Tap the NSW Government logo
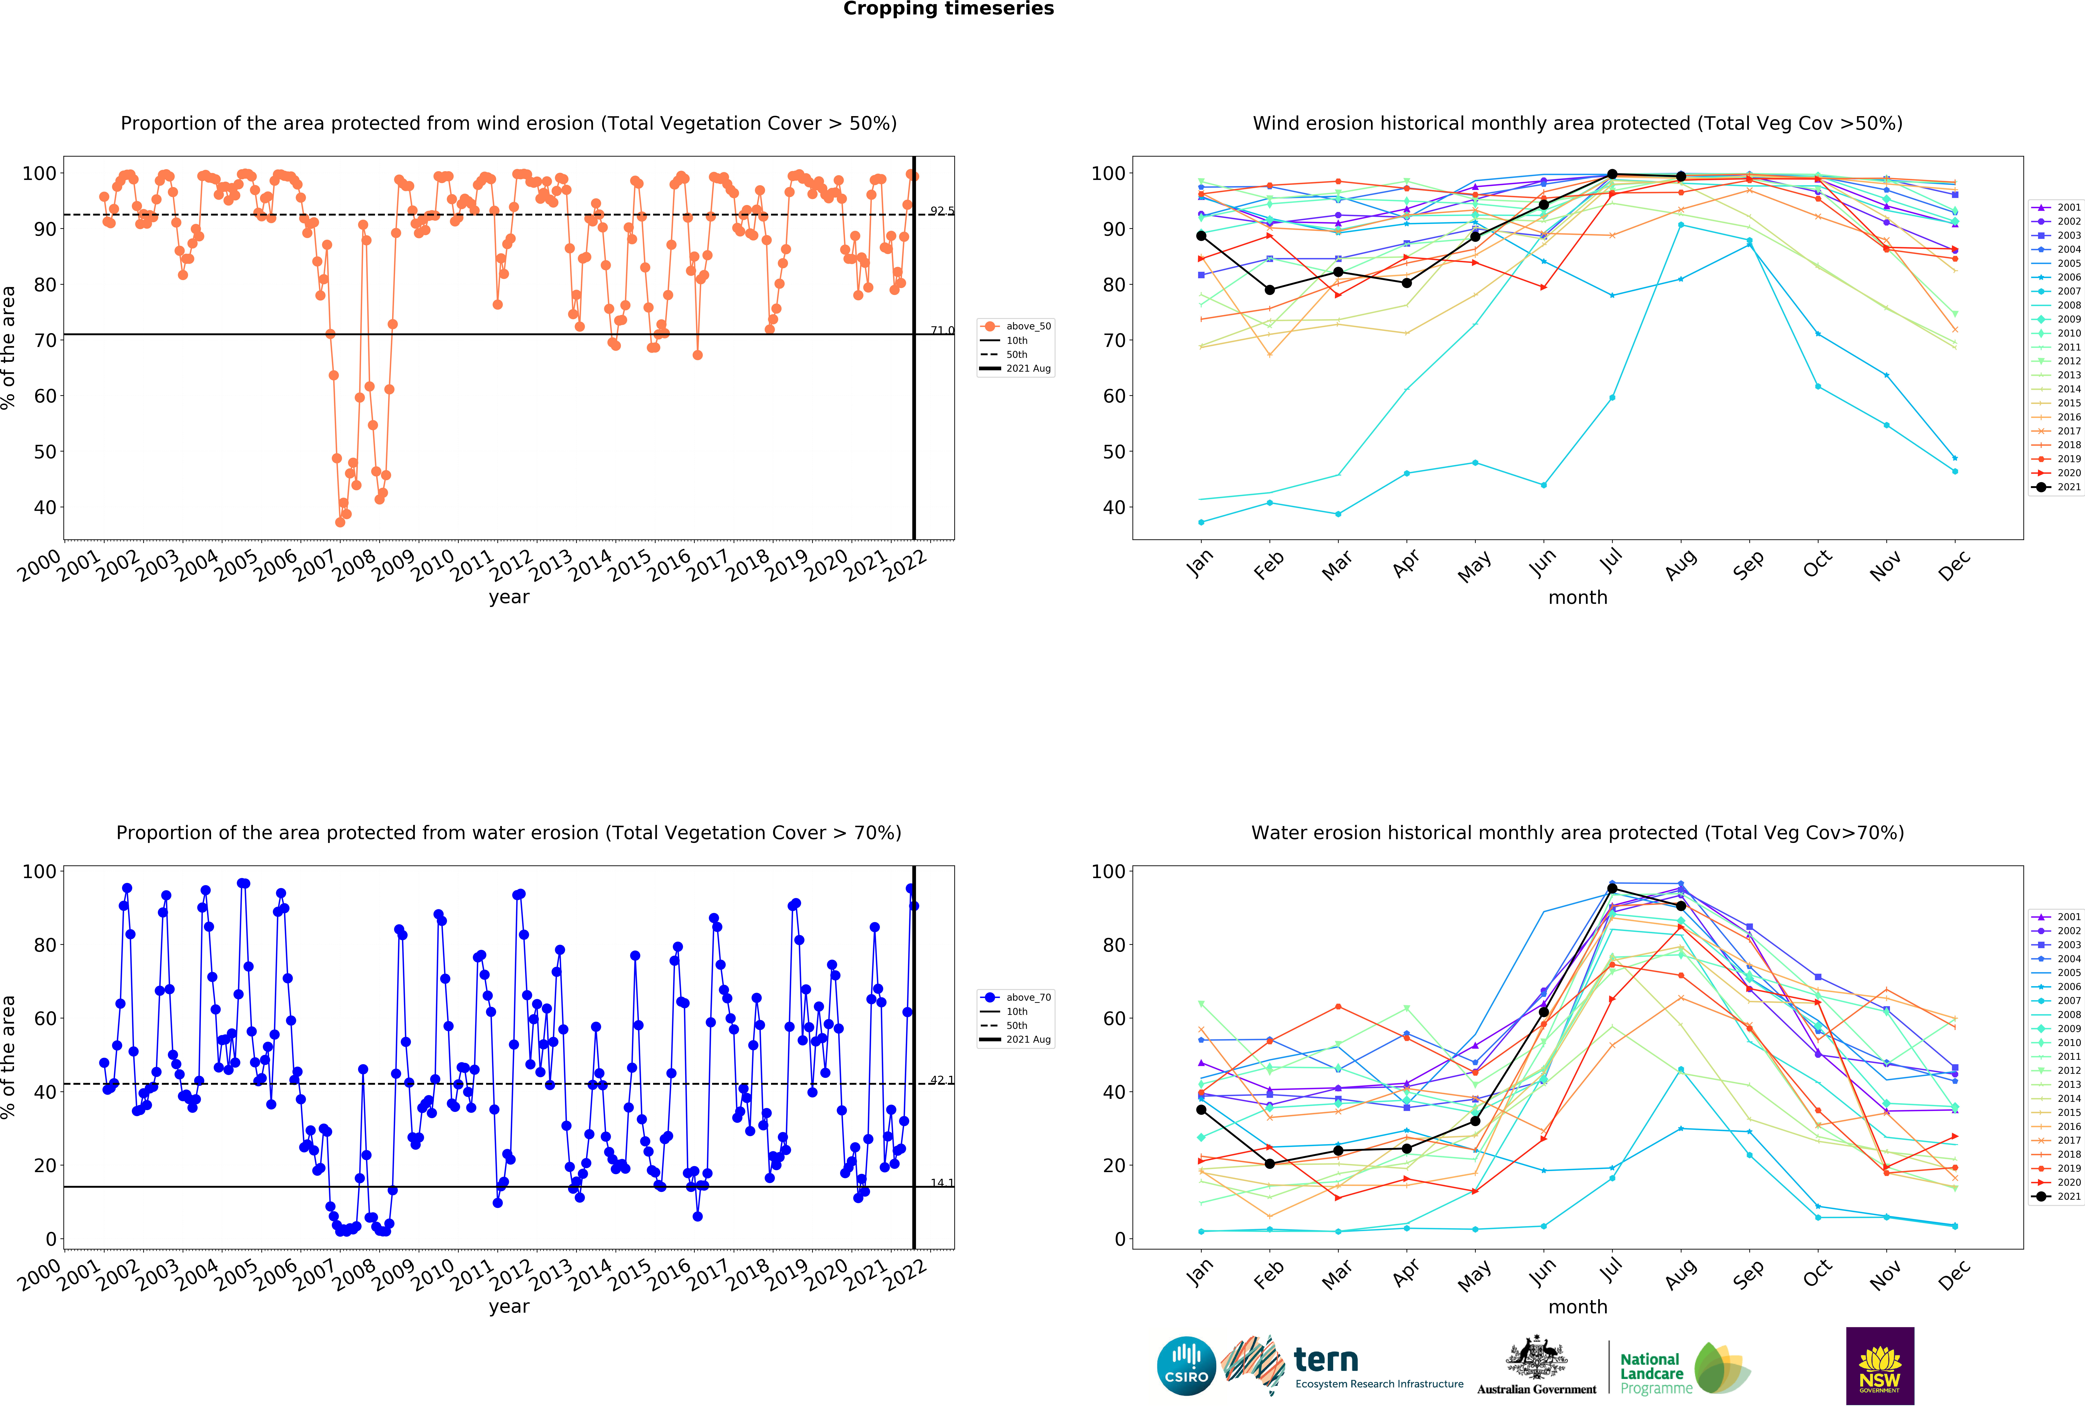point(1879,1365)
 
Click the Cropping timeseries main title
point(948,9)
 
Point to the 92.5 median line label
point(941,211)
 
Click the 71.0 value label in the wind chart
point(941,331)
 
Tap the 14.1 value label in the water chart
point(941,1183)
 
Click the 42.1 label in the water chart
point(941,1080)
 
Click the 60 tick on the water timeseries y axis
point(45,1018)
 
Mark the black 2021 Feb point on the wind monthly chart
point(1270,290)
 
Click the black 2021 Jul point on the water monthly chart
point(1612,889)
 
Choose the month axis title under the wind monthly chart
point(1577,597)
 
